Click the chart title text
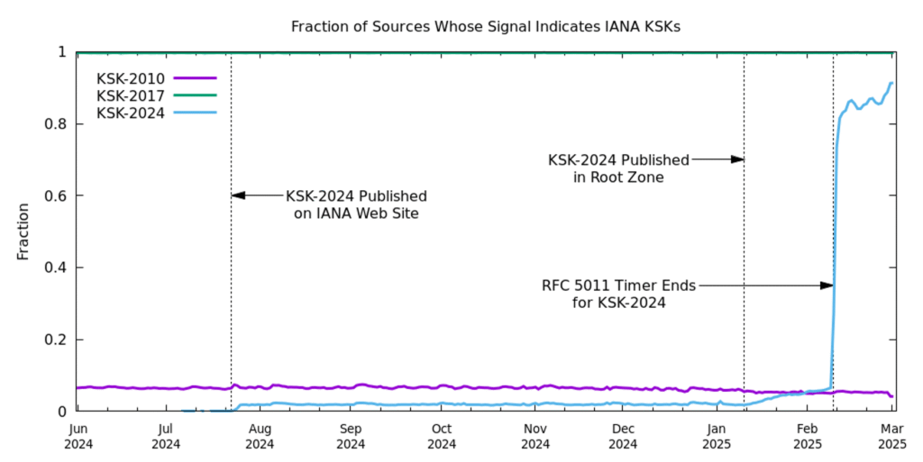pos(485,26)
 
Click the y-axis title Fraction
pos(23,231)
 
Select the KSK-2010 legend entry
pos(132,78)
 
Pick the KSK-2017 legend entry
pos(132,95)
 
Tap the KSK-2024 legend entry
pos(132,113)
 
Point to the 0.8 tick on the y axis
pos(56,123)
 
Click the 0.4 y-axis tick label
pos(56,267)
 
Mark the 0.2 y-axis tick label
pos(56,340)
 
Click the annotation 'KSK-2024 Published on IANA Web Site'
pos(356,204)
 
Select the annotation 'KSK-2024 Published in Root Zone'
pos(618,168)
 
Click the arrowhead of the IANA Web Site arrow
pos(236,195)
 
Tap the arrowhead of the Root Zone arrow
pos(738,159)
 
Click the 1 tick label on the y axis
pos(62,52)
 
